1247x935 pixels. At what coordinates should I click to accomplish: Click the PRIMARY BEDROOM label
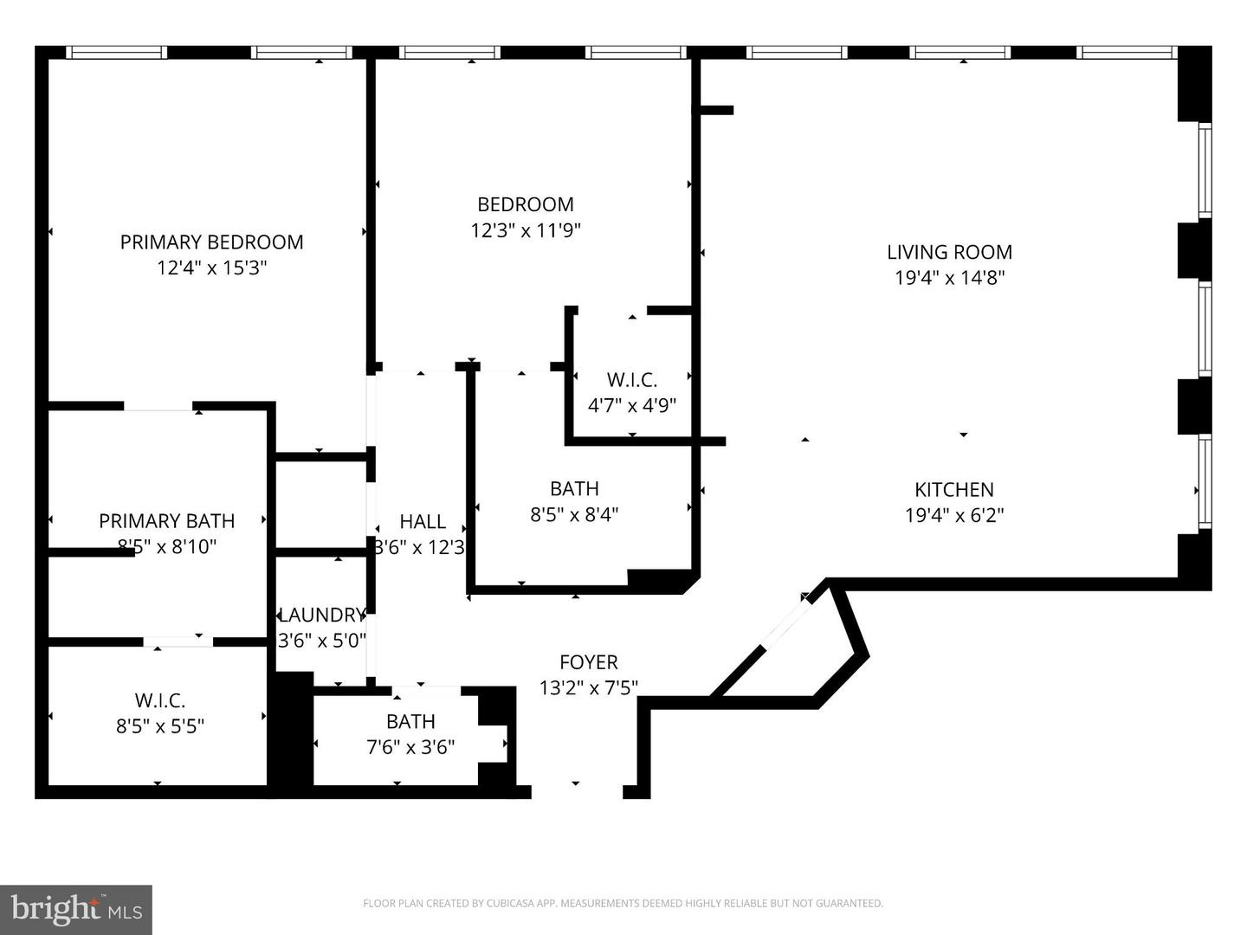pyautogui.click(x=211, y=242)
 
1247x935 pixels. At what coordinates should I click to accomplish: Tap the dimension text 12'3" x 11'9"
pyautogui.click(x=526, y=230)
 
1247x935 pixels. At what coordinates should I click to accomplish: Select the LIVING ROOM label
pyautogui.click(x=949, y=252)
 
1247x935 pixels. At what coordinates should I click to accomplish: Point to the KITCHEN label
pyautogui.click(x=953, y=489)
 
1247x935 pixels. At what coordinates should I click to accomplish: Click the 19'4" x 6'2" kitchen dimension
pyautogui.click(x=953, y=515)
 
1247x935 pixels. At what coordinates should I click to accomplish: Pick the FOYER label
pyautogui.click(x=588, y=662)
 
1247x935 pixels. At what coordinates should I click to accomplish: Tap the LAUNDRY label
pyautogui.click(x=321, y=615)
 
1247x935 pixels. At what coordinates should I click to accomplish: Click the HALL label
pyautogui.click(x=423, y=521)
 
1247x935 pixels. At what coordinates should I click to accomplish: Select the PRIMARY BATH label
pyautogui.click(x=166, y=520)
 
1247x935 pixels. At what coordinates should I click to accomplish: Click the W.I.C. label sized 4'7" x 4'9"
pyautogui.click(x=631, y=379)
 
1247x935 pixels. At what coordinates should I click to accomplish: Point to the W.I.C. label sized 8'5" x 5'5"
pyautogui.click(x=159, y=700)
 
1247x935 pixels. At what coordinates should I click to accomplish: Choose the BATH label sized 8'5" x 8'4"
pyautogui.click(x=574, y=488)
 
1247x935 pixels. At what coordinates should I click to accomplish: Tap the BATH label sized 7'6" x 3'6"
pyautogui.click(x=410, y=721)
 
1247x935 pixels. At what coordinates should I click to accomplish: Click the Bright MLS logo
pyautogui.click(x=76, y=909)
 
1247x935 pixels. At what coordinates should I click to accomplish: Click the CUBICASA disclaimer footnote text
pyautogui.click(x=623, y=903)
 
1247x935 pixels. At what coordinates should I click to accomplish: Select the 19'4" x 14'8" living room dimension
pyautogui.click(x=949, y=278)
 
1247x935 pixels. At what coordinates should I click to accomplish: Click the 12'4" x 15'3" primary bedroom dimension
pyautogui.click(x=211, y=268)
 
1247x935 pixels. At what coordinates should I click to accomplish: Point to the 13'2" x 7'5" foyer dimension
pyautogui.click(x=588, y=688)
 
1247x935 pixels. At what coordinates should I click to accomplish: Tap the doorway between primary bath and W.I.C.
pyautogui.click(x=178, y=642)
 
